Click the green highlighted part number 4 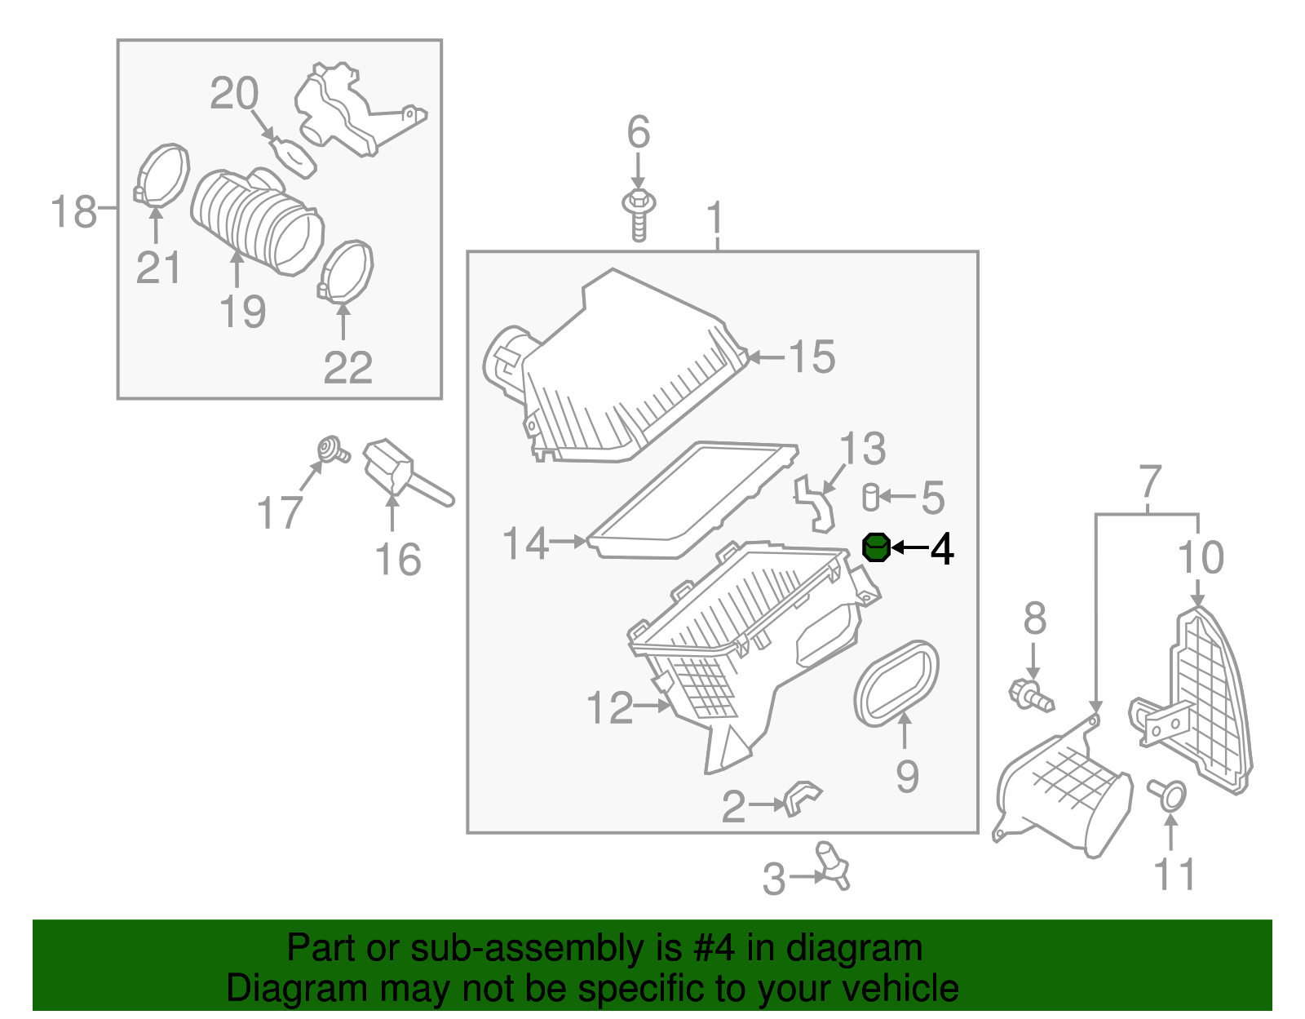pyautogui.click(x=876, y=547)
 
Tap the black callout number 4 pyautogui.click(x=942, y=549)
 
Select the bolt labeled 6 pyautogui.click(x=639, y=215)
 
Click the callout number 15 pyautogui.click(x=812, y=357)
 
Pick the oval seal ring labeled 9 pyautogui.click(x=896, y=684)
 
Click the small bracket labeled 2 pyautogui.click(x=801, y=798)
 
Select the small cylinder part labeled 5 pyautogui.click(x=871, y=497)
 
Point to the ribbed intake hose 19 pyautogui.click(x=256, y=221)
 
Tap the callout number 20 pyautogui.click(x=234, y=94)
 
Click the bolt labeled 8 pyautogui.click(x=1030, y=695)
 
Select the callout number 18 pyautogui.click(x=73, y=211)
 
